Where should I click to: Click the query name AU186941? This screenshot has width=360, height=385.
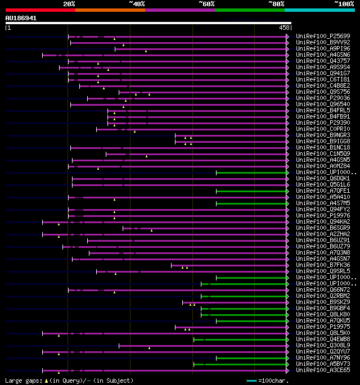coord(21,18)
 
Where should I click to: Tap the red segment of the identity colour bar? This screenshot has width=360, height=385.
coord(40,10)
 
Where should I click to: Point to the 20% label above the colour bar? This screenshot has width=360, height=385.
coord(69,3)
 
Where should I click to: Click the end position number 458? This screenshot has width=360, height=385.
coord(283,27)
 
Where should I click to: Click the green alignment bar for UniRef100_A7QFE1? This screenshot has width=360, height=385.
coord(251,191)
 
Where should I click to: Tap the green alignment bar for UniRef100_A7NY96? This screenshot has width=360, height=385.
coord(251,358)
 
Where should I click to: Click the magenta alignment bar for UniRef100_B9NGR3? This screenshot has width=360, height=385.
coord(231,135)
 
